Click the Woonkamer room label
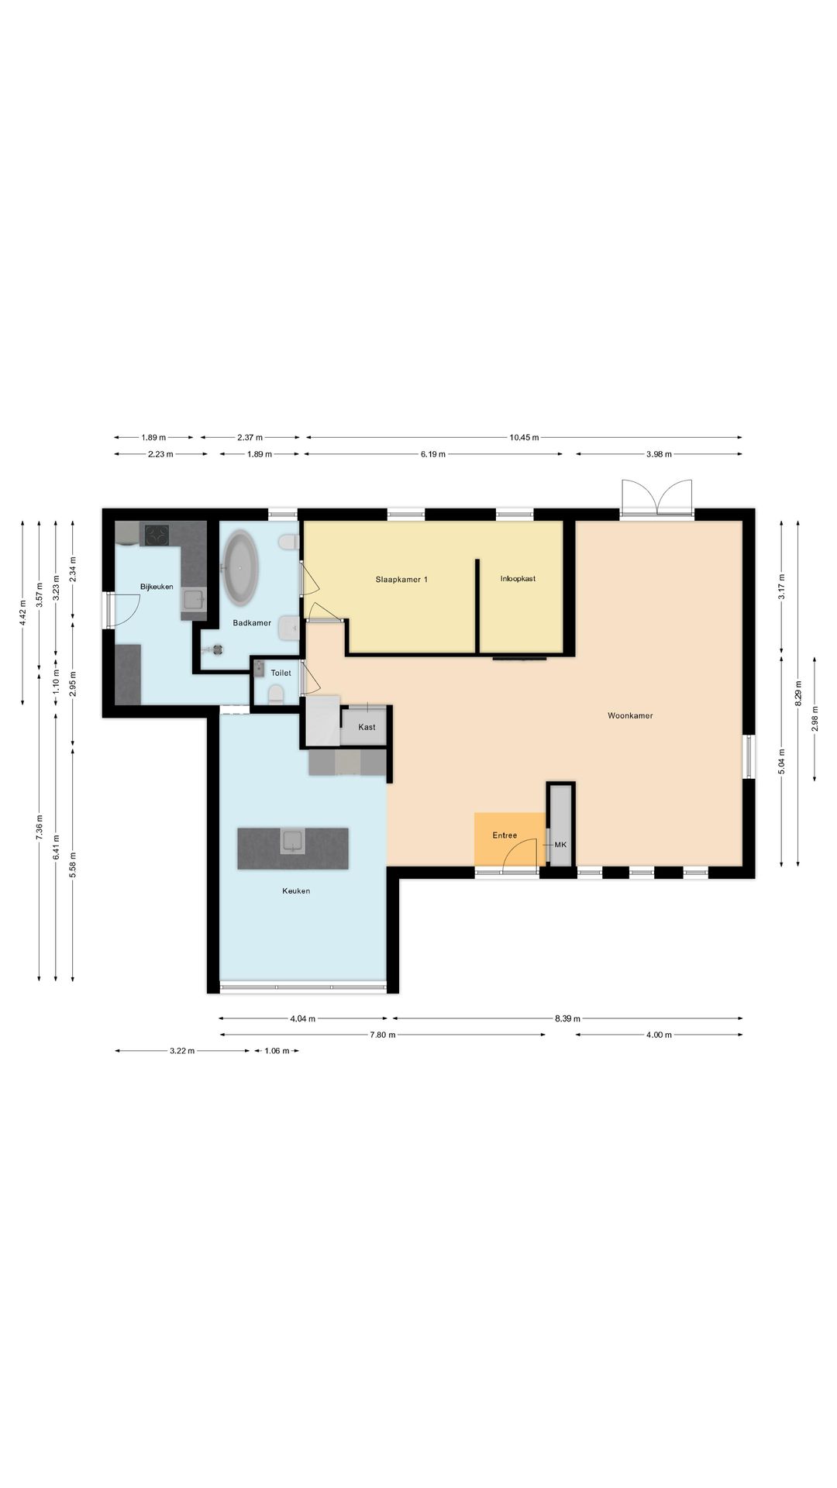[630, 715]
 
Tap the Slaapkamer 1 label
[401, 579]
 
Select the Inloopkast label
[518, 579]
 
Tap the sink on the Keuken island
[292, 840]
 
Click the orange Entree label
[505, 835]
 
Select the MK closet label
[560, 844]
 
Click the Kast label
[367, 727]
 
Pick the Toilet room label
[281, 673]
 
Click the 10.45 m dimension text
[524, 437]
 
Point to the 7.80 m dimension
[382, 1035]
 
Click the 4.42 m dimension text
[22, 613]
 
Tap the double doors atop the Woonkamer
[656, 497]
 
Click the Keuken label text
[296, 891]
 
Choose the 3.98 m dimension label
[659, 454]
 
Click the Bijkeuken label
[157, 587]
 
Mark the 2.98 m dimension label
[815, 718]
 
